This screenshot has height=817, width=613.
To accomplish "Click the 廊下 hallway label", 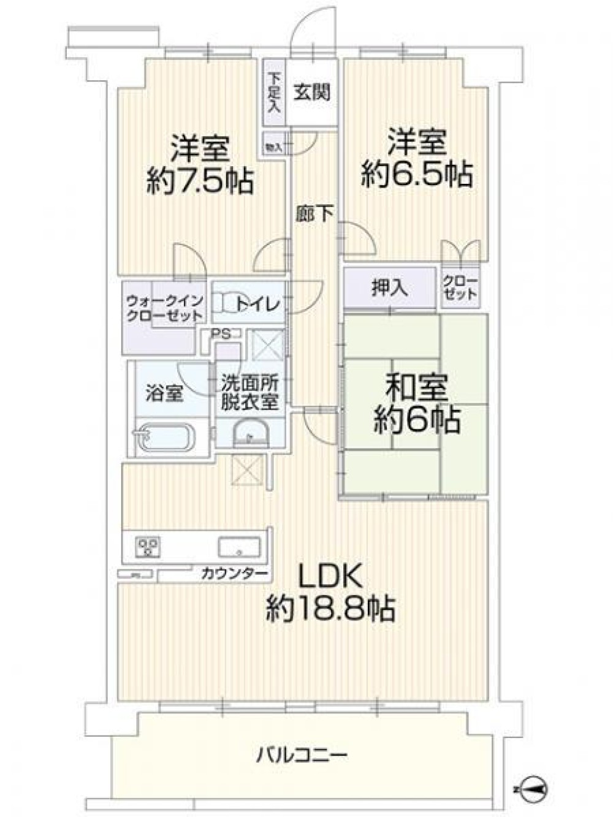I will point(314,214).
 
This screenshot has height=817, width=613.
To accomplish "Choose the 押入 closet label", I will point(390,288).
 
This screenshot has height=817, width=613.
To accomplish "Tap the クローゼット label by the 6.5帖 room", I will point(460,287).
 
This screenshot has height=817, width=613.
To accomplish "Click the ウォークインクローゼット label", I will point(164,308).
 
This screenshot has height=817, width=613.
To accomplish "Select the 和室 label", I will point(416,387).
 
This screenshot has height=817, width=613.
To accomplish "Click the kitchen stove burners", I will point(148,545).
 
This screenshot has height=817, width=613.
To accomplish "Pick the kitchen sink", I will point(239,546).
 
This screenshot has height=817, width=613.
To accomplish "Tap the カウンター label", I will point(234,574).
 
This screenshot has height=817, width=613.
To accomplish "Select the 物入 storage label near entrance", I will point(273,147).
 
